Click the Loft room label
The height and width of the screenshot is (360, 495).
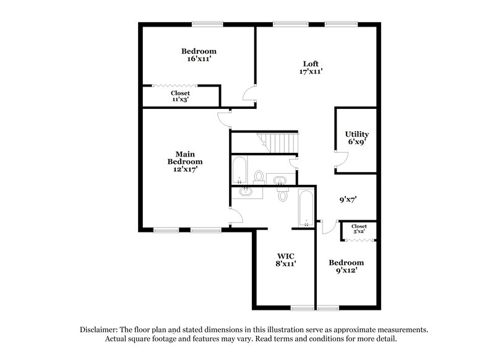pos(311,63)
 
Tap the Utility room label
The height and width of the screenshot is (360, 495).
pos(357,134)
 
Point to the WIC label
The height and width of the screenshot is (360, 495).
pos(285,255)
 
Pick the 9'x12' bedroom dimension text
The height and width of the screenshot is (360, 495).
pos(345,270)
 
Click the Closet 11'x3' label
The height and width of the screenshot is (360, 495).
pos(180,96)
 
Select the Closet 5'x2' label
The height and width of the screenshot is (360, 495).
pos(359,229)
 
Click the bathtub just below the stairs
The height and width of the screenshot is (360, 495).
pos(239,171)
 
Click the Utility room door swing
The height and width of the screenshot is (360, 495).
pos(338,161)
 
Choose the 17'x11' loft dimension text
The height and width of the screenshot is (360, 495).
pos(311,72)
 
